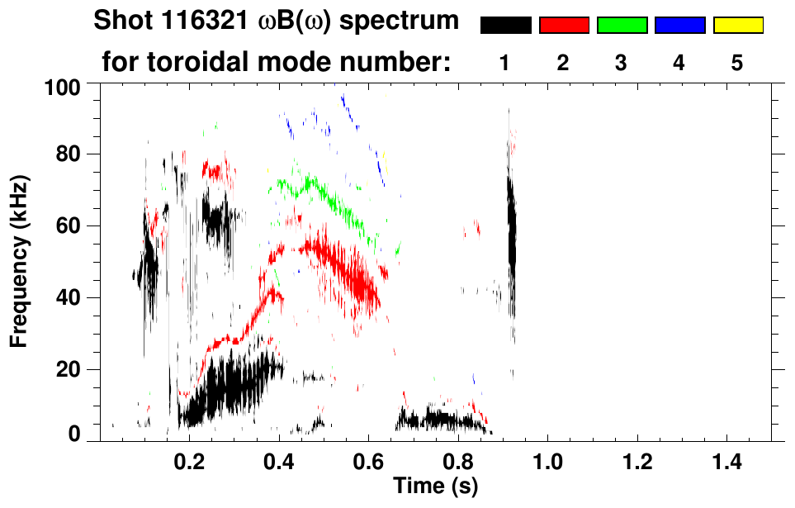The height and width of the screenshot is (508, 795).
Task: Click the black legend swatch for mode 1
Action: pos(505,26)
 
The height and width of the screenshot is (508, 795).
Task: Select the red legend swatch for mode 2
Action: pos(564,26)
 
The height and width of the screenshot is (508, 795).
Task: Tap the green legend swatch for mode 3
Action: pos(622,26)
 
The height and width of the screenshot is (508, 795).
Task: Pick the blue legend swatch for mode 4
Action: pos(679,26)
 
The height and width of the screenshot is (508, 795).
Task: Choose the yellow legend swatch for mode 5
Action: pos(737,26)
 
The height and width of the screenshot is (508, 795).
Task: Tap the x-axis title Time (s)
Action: pos(434,486)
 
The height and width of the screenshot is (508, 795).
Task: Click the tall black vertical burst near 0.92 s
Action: pos(512,227)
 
